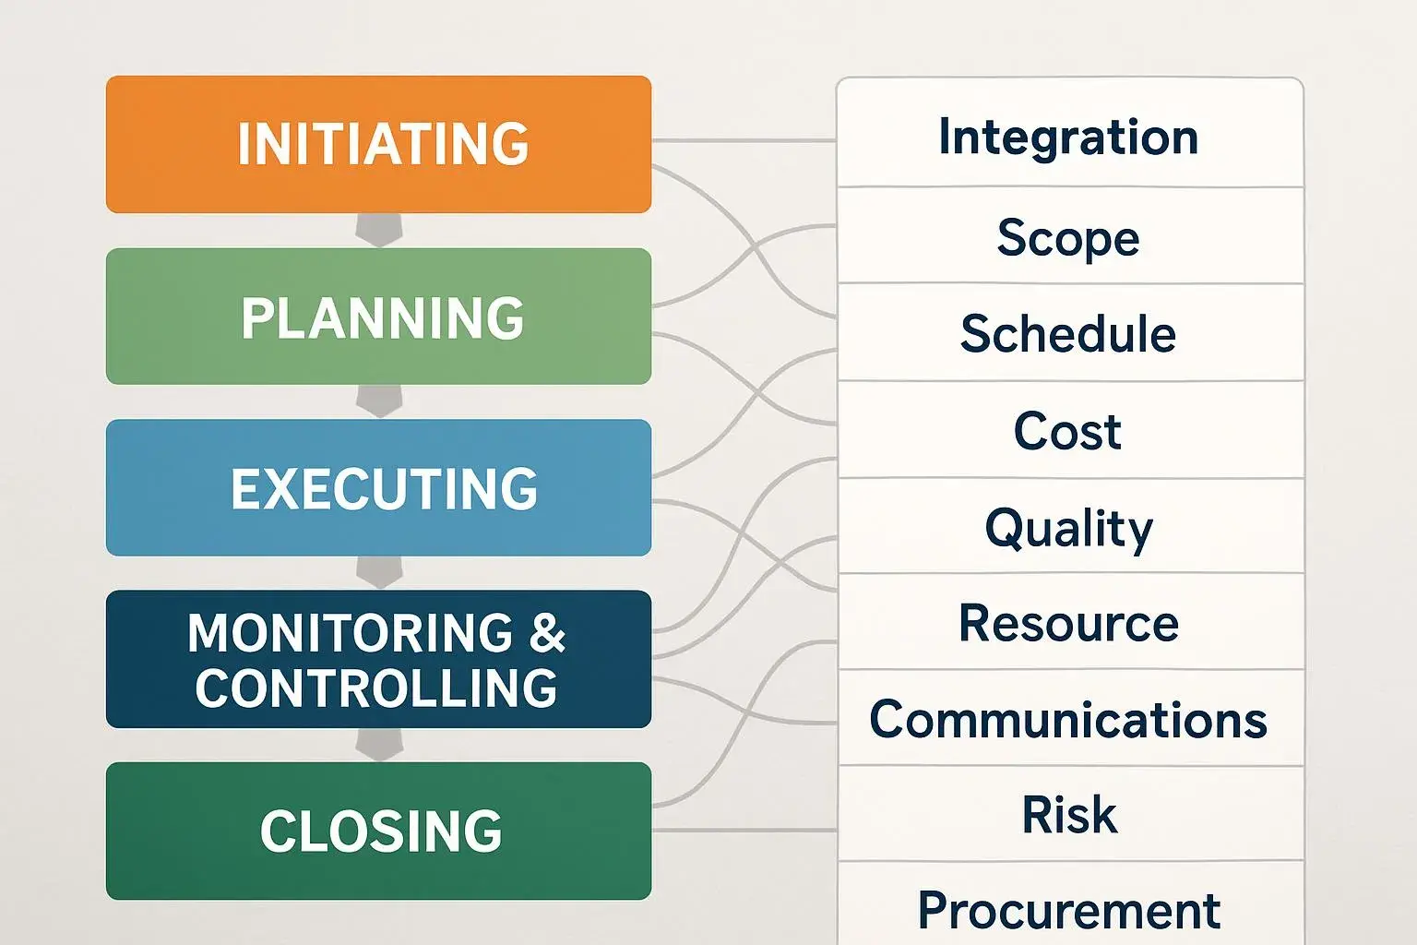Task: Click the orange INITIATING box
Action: point(378,144)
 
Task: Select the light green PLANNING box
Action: point(378,317)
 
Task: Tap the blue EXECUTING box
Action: point(378,487)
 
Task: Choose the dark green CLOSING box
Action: point(378,831)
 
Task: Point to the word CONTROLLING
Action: point(376,688)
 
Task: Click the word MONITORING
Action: point(350,632)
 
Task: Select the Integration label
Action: point(1068,137)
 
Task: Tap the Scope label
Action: point(1068,238)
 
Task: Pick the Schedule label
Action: point(1068,333)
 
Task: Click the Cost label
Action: point(1067,431)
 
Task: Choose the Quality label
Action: point(1069,531)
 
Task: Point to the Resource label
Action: point(1069,623)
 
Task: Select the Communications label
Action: point(1068,720)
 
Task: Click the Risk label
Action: point(1069,815)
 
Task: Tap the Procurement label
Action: point(1069,911)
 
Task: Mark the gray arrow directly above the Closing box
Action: point(379,745)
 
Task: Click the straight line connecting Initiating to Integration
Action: point(744,140)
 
